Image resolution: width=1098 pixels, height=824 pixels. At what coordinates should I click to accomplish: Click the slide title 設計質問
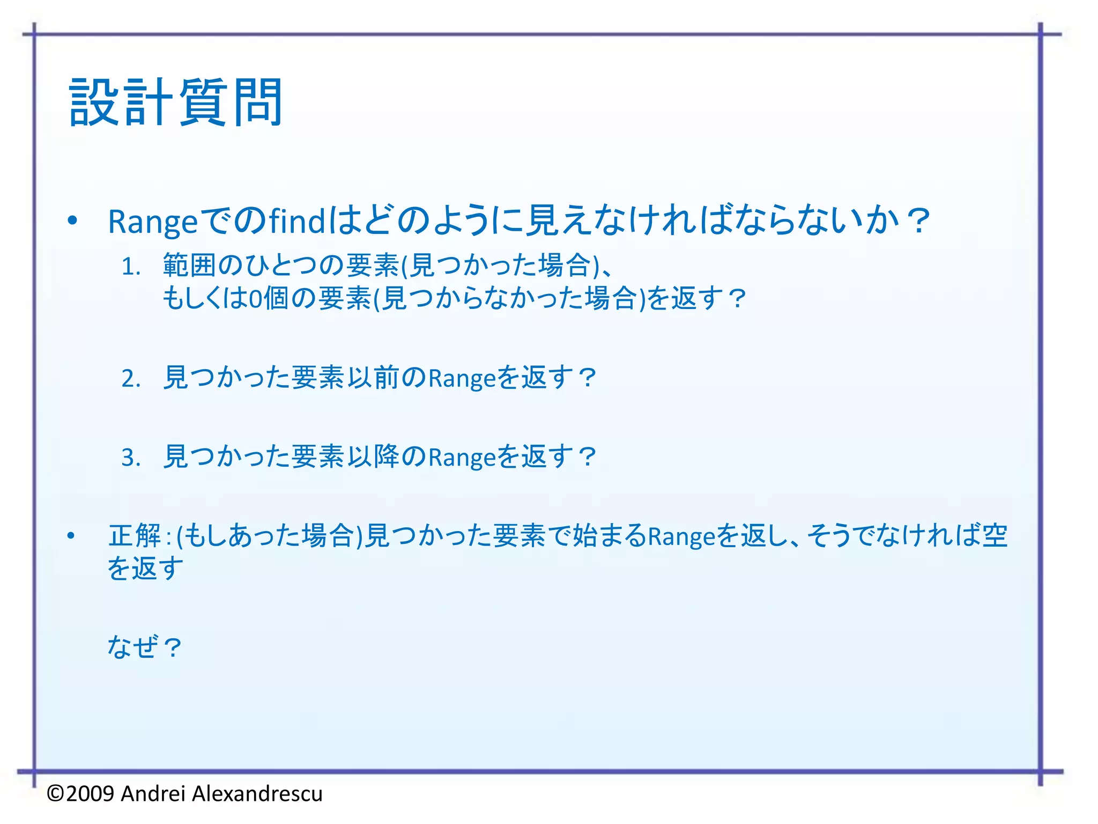point(176,102)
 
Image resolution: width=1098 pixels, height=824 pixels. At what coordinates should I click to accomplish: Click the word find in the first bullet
point(296,220)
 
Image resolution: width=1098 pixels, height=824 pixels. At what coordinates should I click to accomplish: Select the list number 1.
point(130,267)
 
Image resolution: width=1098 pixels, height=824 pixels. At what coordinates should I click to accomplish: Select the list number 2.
point(130,379)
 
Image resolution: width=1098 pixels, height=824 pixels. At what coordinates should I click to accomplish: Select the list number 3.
point(130,458)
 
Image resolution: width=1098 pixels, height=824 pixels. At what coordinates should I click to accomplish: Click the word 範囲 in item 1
point(190,265)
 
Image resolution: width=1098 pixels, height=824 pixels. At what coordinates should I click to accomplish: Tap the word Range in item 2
point(462,379)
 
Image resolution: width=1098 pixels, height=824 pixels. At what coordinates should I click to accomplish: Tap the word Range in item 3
point(462,458)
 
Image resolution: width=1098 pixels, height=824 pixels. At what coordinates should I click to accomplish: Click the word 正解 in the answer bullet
point(135,535)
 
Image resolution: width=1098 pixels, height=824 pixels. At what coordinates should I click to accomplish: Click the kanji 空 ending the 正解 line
point(995,535)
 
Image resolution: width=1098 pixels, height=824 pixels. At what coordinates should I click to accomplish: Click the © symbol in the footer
point(56,793)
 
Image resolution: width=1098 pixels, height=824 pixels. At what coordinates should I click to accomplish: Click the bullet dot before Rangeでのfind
point(72,220)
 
